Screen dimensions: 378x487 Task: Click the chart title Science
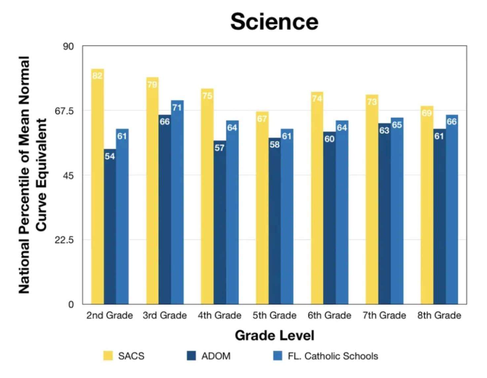(x=274, y=22)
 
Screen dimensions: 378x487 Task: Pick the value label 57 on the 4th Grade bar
(x=219, y=148)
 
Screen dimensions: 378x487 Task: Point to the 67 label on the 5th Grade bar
(x=262, y=119)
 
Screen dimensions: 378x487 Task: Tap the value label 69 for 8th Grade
(x=427, y=113)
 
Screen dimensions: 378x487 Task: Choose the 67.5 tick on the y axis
(x=64, y=111)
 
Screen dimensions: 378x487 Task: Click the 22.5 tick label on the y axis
(x=64, y=240)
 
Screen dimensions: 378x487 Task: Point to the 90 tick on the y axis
(x=68, y=47)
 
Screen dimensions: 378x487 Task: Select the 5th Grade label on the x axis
(x=274, y=315)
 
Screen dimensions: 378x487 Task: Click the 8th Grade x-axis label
(x=439, y=315)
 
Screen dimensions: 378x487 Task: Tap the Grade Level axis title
(x=274, y=336)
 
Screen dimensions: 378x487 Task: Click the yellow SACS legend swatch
(x=108, y=356)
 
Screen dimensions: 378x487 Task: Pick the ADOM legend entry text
(x=216, y=356)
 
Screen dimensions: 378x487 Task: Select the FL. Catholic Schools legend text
(x=333, y=356)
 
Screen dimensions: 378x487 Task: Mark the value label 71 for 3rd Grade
(x=177, y=108)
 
